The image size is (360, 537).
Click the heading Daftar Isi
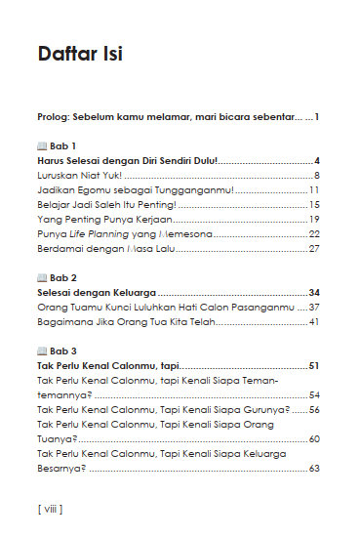point(79,54)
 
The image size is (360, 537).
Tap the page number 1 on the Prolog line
point(318,117)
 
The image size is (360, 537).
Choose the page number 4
point(318,160)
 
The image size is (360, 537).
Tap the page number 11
point(315,189)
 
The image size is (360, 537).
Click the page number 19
point(314,219)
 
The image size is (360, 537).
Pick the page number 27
point(314,249)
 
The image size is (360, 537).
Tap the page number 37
point(314,307)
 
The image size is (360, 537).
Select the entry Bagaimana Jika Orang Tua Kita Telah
point(124,321)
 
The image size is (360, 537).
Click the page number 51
point(314,365)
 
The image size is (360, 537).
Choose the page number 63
point(314,469)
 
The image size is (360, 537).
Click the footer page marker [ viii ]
point(49,509)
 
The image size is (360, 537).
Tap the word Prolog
point(54,117)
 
